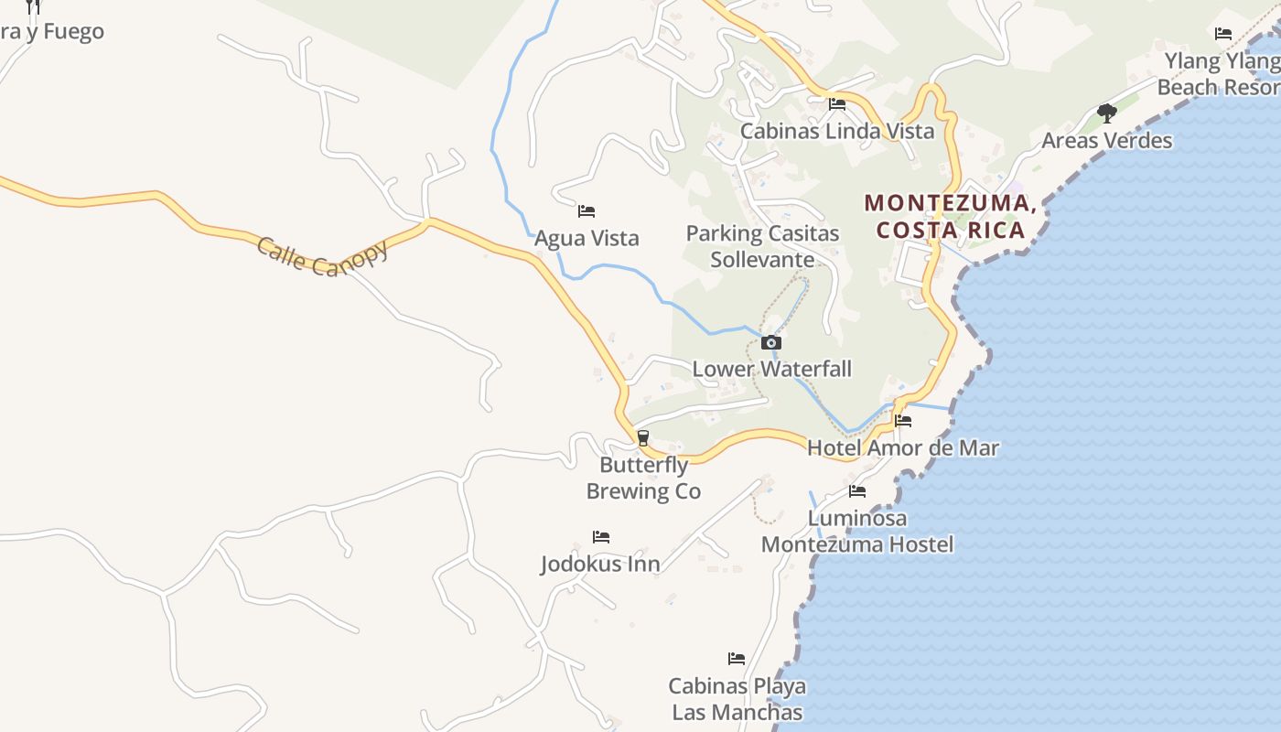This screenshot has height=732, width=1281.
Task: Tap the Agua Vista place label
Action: [587, 239]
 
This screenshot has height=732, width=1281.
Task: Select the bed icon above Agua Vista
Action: [587, 211]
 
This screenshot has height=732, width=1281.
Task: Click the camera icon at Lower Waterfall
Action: [771, 343]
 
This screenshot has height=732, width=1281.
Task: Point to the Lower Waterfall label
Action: [771, 369]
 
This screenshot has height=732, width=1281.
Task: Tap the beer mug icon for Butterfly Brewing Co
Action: [643, 438]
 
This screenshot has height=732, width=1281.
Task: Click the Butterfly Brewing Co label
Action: [643, 479]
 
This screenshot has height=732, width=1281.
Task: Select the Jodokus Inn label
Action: [600, 564]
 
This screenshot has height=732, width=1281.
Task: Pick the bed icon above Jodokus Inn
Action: [600, 536]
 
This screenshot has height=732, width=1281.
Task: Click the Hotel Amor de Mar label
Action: [902, 448]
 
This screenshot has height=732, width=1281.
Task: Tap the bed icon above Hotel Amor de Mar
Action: [903, 421]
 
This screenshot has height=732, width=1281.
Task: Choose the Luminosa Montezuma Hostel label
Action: [857, 532]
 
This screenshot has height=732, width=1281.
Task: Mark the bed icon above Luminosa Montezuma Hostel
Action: [857, 491]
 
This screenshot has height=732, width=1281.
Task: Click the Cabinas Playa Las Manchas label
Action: [737, 699]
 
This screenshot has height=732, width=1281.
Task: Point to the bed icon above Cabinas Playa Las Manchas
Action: [737, 659]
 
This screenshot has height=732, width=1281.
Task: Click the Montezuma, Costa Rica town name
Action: [951, 216]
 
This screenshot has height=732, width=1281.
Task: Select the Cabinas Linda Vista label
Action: [837, 131]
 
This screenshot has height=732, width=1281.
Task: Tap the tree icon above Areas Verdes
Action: [1107, 113]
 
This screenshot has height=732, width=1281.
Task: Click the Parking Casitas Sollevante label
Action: [762, 246]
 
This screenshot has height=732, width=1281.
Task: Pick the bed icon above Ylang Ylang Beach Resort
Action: [1223, 34]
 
